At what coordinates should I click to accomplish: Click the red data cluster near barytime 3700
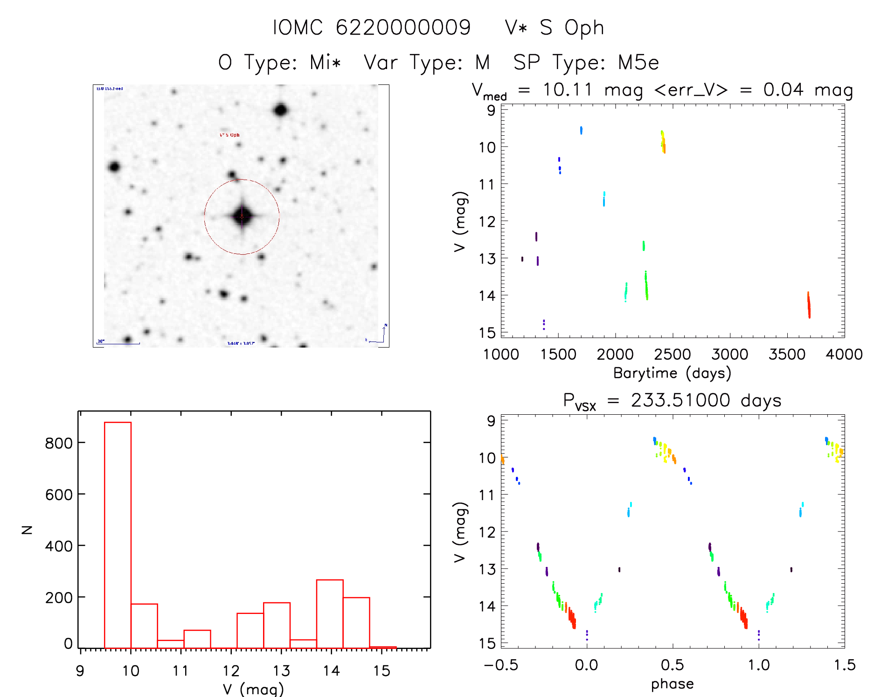pyautogui.click(x=809, y=306)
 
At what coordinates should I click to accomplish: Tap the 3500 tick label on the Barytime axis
pyautogui.click(x=787, y=355)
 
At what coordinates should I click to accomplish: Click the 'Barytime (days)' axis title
pyautogui.click(x=672, y=373)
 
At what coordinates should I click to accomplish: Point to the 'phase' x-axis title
pyautogui.click(x=672, y=684)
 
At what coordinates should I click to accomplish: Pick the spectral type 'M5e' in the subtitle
pyautogui.click(x=638, y=63)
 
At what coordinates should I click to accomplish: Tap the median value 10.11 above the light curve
pyautogui.click(x=567, y=90)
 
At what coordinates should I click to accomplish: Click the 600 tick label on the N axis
pyautogui.click(x=58, y=495)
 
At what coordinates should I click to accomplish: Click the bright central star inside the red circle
pyautogui.click(x=242, y=216)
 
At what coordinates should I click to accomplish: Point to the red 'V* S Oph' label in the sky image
pyautogui.click(x=229, y=135)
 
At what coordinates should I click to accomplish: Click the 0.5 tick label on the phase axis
pyautogui.click(x=672, y=665)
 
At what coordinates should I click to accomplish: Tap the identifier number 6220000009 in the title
pyautogui.click(x=403, y=28)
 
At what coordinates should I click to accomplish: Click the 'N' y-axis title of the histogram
pyautogui.click(x=28, y=530)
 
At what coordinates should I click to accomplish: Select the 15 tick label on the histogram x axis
pyautogui.click(x=382, y=671)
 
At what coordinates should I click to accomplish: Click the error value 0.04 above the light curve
pyautogui.click(x=783, y=90)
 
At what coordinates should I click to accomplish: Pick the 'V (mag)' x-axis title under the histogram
pyautogui.click(x=253, y=689)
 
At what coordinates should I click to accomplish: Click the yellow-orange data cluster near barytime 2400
pyautogui.click(x=663, y=141)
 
